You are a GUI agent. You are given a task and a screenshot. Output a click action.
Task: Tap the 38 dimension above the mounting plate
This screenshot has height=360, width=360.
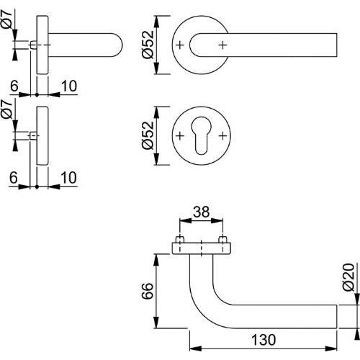(202, 213)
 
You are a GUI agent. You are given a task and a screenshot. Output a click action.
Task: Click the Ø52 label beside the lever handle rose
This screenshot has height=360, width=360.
(148, 45)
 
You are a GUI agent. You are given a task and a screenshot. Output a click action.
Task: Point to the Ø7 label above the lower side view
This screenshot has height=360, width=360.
(7, 115)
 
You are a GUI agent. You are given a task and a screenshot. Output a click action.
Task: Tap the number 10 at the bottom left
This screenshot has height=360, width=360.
(68, 176)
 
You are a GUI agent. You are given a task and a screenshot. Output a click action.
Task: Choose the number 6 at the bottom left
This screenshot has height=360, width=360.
(14, 176)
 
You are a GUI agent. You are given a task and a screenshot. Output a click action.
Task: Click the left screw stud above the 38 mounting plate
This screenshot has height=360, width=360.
(180, 239)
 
